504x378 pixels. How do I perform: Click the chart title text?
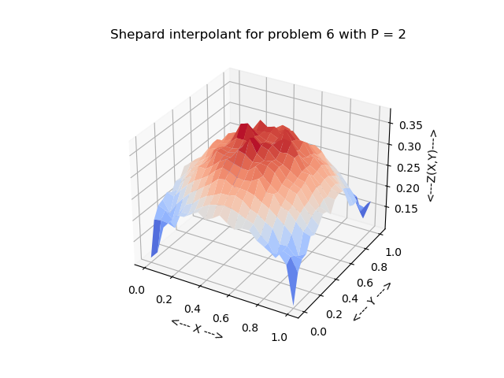[x=258, y=35]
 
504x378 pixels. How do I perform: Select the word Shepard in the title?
[x=135, y=35]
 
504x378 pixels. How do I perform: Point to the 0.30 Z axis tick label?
[x=411, y=146]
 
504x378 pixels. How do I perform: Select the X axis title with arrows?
[x=197, y=328]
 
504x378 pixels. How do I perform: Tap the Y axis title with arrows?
[x=372, y=302]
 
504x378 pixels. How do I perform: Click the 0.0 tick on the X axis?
[x=136, y=290]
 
